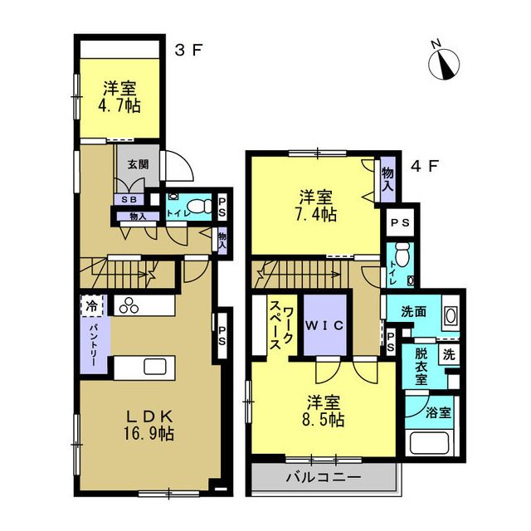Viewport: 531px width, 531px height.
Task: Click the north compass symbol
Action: [x=444, y=62]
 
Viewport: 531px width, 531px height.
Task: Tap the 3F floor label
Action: [x=188, y=51]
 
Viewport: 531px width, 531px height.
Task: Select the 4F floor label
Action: [x=425, y=166]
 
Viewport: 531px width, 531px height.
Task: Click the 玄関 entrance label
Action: [x=139, y=165]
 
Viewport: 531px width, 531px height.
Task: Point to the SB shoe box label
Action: [x=129, y=200]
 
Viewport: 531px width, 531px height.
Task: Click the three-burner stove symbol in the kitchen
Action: [x=129, y=305]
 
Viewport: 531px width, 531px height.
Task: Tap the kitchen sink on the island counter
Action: [x=155, y=367]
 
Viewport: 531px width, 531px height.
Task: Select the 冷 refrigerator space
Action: [x=91, y=306]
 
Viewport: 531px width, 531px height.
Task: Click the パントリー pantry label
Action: [x=94, y=345]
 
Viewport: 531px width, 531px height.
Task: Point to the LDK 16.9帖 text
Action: [x=149, y=425]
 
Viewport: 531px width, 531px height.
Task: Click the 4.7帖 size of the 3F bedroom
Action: [x=119, y=106]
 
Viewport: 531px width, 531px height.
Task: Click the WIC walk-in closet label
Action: [x=324, y=326]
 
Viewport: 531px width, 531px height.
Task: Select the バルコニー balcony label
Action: [x=324, y=478]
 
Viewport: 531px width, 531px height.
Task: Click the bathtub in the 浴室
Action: [x=430, y=442]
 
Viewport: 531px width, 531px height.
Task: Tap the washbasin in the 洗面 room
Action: [x=451, y=316]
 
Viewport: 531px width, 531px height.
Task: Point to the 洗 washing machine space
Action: [x=449, y=354]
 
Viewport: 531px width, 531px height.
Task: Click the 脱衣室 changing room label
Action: [x=421, y=367]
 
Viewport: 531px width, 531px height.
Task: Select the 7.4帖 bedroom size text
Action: [x=316, y=214]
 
